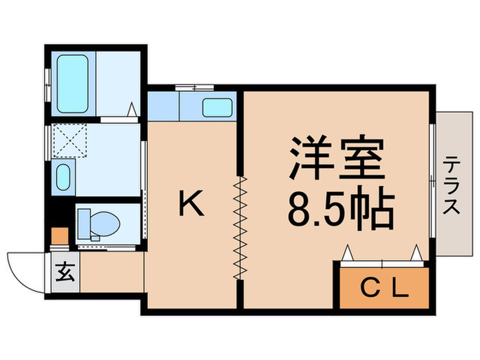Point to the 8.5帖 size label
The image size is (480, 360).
[x=340, y=210]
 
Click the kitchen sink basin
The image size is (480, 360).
[x=217, y=107]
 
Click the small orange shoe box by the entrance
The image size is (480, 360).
[x=60, y=235]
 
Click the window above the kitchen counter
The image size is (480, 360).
[x=194, y=87]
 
